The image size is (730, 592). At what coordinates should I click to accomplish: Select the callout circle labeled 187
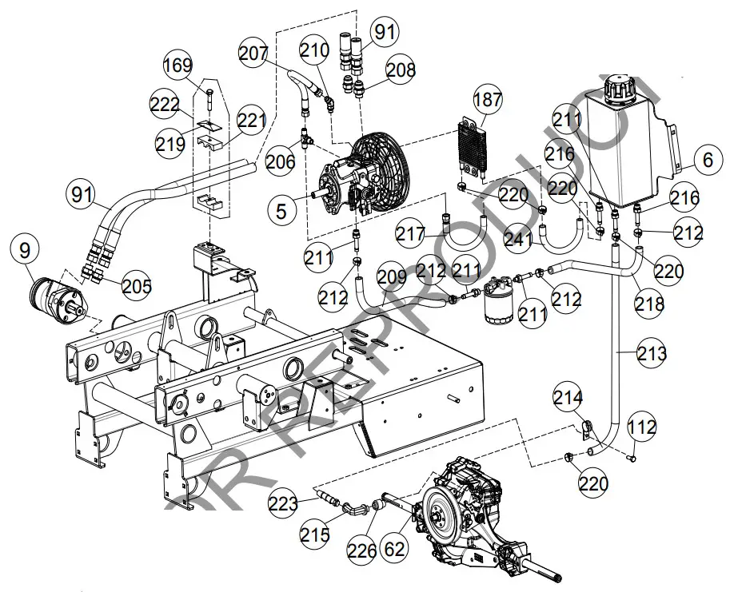[489, 101]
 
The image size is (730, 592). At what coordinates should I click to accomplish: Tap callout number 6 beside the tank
[707, 161]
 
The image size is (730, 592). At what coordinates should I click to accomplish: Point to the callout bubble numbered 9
[26, 251]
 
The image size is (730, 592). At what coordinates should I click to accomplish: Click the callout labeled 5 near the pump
[281, 212]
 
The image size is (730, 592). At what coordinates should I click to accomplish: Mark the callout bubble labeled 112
[640, 430]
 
